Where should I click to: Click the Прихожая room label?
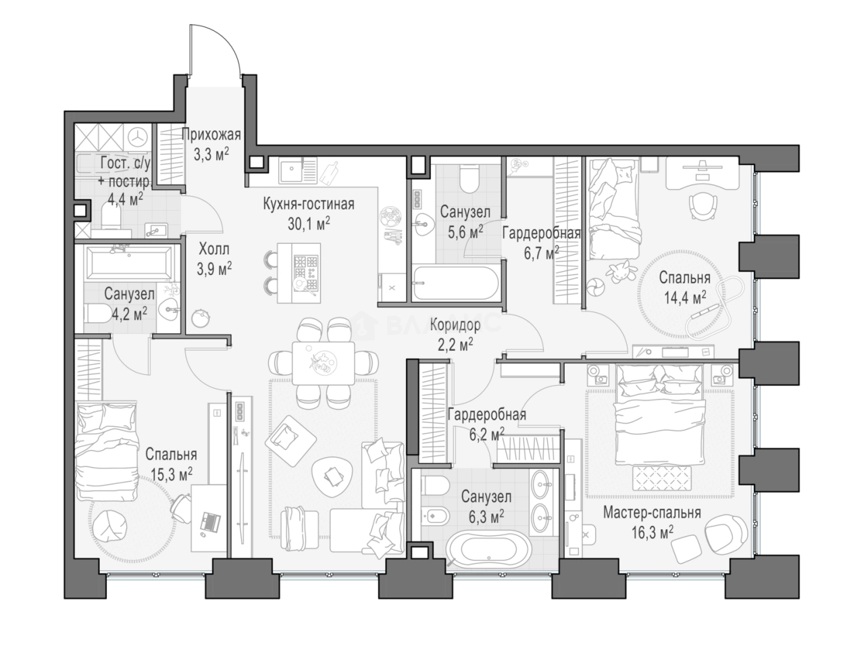pyautogui.click(x=211, y=135)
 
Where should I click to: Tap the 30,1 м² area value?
pyautogui.click(x=309, y=224)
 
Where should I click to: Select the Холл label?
pyautogui.click(x=213, y=249)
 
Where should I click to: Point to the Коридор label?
pyautogui.click(x=455, y=325)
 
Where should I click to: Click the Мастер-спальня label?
pyautogui.click(x=652, y=512)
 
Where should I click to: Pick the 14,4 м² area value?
pyautogui.click(x=685, y=297)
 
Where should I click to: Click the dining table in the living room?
pyautogui.click(x=323, y=363)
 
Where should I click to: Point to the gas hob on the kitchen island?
pyautogui.click(x=307, y=273)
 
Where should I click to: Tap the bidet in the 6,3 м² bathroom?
pyautogui.click(x=434, y=514)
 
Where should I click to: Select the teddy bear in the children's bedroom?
pyautogui.click(x=621, y=270)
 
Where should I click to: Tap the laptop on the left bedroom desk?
pyautogui.click(x=211, y=522)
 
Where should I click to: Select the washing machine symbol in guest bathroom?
pyautogui.click(x=138, y=137)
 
